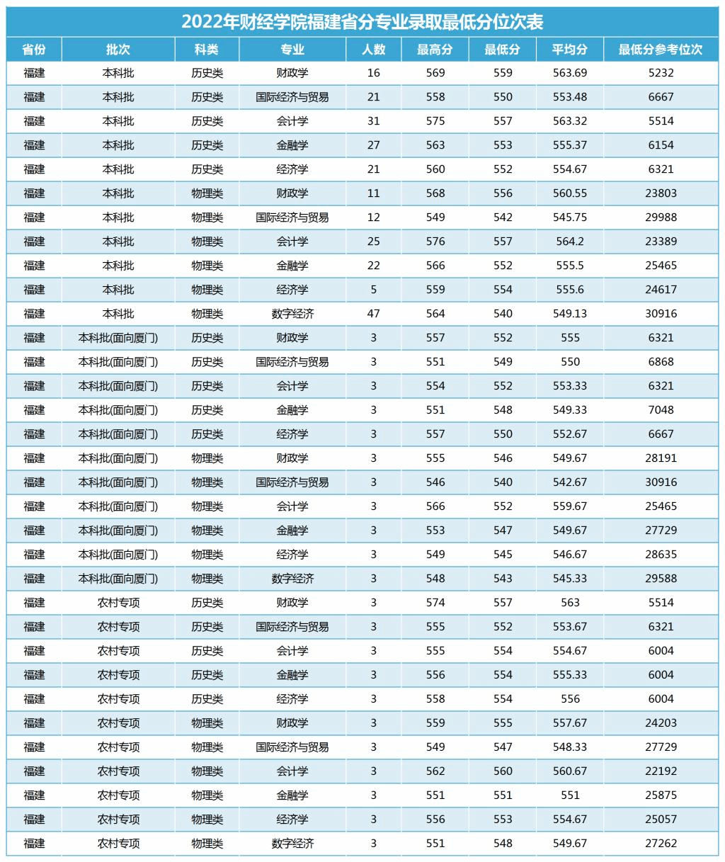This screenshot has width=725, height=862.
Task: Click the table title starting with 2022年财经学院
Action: tap(362, 21)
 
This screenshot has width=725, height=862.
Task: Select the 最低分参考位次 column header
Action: tap(661, 50)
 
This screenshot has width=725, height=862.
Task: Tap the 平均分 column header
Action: tap(570, 50)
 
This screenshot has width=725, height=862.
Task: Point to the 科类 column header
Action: tap(207, 50)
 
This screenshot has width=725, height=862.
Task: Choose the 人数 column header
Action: tap(373, 50)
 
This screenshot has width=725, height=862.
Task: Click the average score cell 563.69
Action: tap(570, 73)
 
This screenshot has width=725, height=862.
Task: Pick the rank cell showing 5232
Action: tap(661, 73)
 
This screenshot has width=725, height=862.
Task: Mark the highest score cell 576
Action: tap(435, 242)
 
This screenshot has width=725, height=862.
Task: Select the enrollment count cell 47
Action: tap(373, 314)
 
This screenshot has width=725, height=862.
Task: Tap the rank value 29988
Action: tap(661, 217)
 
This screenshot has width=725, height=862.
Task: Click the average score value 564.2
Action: tap(570, 242)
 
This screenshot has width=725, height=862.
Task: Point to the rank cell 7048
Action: tap(661, 410)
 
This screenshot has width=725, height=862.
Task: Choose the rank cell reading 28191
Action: tap(661, 458)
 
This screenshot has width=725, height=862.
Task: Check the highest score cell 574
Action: tap(435, 603)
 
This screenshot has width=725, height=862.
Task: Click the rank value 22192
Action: tap(661, 771)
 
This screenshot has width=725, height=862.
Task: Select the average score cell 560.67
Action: tap(570, 771)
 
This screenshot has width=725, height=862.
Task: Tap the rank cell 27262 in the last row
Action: tap(661, 844)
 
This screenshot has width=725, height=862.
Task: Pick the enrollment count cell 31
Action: tap(373, 121)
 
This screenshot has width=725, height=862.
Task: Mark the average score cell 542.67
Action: tap(570, 482)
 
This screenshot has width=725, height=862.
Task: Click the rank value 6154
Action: tap(661, 145)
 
